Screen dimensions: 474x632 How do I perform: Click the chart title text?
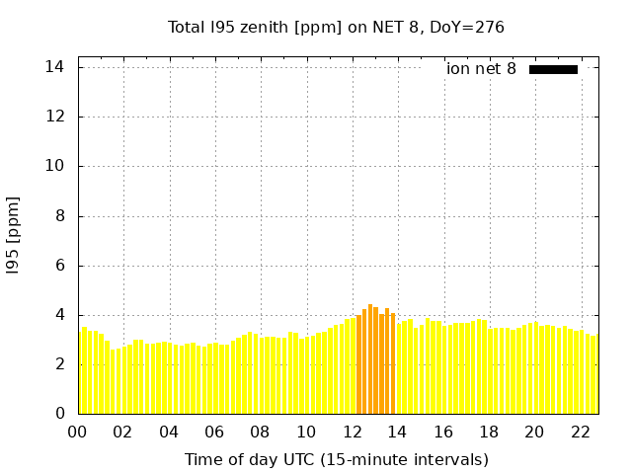point(336,27)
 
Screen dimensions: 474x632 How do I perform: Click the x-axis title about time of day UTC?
point(336,459)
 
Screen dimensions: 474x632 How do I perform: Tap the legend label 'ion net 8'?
point(481,69)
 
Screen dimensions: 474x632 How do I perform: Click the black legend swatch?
point(553,69)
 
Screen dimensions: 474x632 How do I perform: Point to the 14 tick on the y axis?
point(55,67)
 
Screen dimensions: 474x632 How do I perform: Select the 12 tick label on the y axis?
point(55,117)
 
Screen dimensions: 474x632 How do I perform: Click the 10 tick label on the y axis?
point(55,166)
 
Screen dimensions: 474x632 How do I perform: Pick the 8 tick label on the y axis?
point(59,216)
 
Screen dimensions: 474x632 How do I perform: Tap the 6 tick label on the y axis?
point(59,266)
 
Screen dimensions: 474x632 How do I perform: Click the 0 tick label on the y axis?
point(59,414)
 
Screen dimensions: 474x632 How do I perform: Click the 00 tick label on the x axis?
point(77,432)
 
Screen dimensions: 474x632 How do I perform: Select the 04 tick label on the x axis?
point(169,432)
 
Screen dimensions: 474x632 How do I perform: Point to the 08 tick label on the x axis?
point(260,432)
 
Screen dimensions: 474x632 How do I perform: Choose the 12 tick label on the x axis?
point(352,432)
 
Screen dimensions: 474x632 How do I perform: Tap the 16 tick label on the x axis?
point(443,432)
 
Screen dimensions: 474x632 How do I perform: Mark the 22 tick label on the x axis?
point(581,432)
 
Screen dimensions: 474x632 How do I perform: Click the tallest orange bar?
point(370,360)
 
